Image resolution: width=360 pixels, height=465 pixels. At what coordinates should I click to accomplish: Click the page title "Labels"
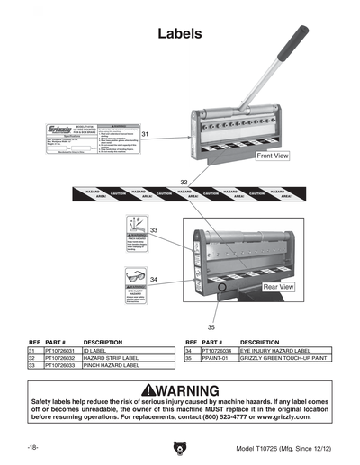(x=179, y=34)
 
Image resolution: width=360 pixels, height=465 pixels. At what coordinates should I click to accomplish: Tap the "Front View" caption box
(x=273, y=156)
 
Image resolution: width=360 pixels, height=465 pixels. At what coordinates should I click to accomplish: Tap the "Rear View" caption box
(x=278, y=286)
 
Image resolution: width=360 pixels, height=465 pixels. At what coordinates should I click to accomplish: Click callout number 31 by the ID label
(x=146, y=134)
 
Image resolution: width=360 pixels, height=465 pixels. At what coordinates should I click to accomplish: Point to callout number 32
(x=184, y=182)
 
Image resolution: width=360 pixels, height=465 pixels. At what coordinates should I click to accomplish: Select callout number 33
(x=154, y=231)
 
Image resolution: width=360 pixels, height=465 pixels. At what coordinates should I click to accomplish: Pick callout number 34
(x=154, y=281)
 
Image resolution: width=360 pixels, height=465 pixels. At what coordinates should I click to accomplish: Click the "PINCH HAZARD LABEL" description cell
(x=111, y=366)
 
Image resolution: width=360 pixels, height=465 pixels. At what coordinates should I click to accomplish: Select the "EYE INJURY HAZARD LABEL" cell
(x=274, y=351)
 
